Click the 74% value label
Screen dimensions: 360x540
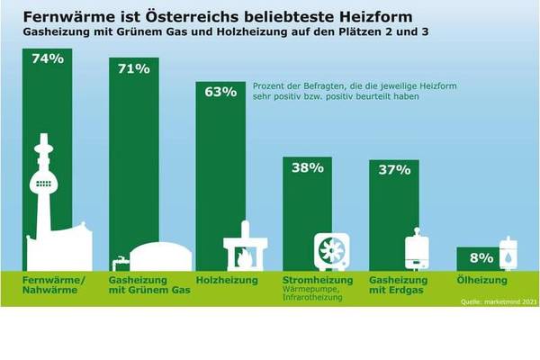46,59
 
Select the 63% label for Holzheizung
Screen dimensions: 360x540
220,91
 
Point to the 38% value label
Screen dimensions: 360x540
308,166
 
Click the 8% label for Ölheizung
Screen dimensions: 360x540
481,256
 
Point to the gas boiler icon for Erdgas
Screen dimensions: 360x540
417,247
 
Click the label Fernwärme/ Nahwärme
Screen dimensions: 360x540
52,285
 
